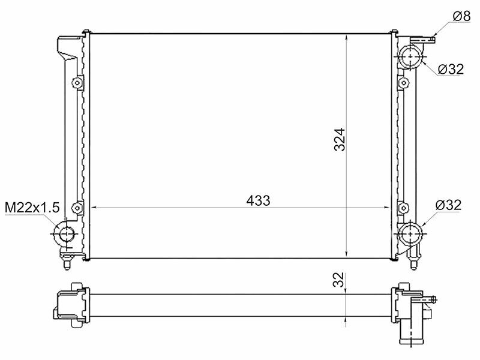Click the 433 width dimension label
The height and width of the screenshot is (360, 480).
258,200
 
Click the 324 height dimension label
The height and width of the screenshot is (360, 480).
340,139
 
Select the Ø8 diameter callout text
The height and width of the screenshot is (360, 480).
461,16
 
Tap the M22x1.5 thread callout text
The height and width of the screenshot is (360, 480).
32,208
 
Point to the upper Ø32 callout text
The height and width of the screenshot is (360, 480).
451,69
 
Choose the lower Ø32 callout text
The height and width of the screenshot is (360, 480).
448,205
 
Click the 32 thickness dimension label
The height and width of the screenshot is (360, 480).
338,280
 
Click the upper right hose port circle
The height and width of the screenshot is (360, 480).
410,56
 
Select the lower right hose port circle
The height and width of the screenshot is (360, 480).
410,233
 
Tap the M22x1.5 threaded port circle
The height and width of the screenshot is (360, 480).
65,234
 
